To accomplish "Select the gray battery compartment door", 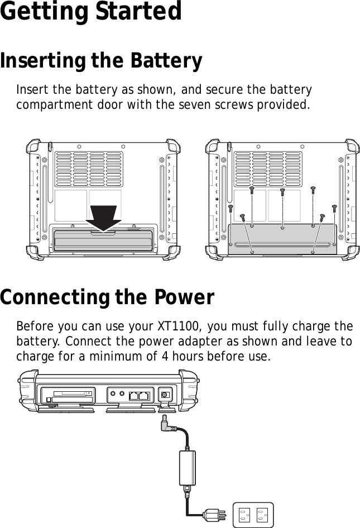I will click(282, 239).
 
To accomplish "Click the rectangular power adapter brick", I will click(186, 468).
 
